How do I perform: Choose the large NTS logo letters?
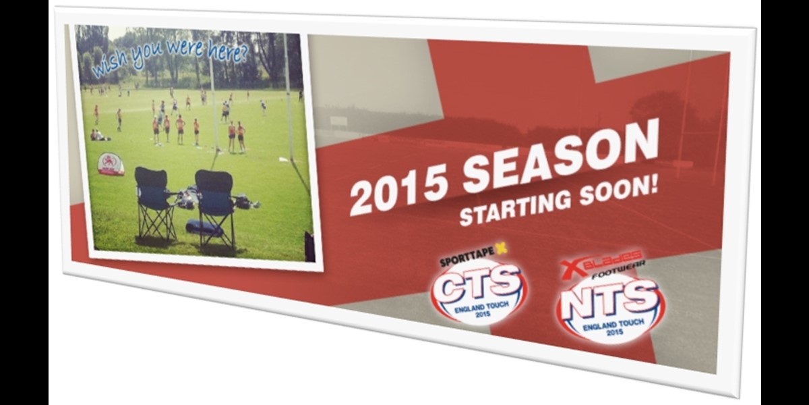pos(610,299)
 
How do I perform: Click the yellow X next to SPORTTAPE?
pos(502,248)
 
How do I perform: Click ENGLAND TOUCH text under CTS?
pos(481,308)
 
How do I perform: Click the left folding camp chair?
pos(154,205)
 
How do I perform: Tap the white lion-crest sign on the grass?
pos(111,165)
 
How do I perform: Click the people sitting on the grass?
pos(99,135)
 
